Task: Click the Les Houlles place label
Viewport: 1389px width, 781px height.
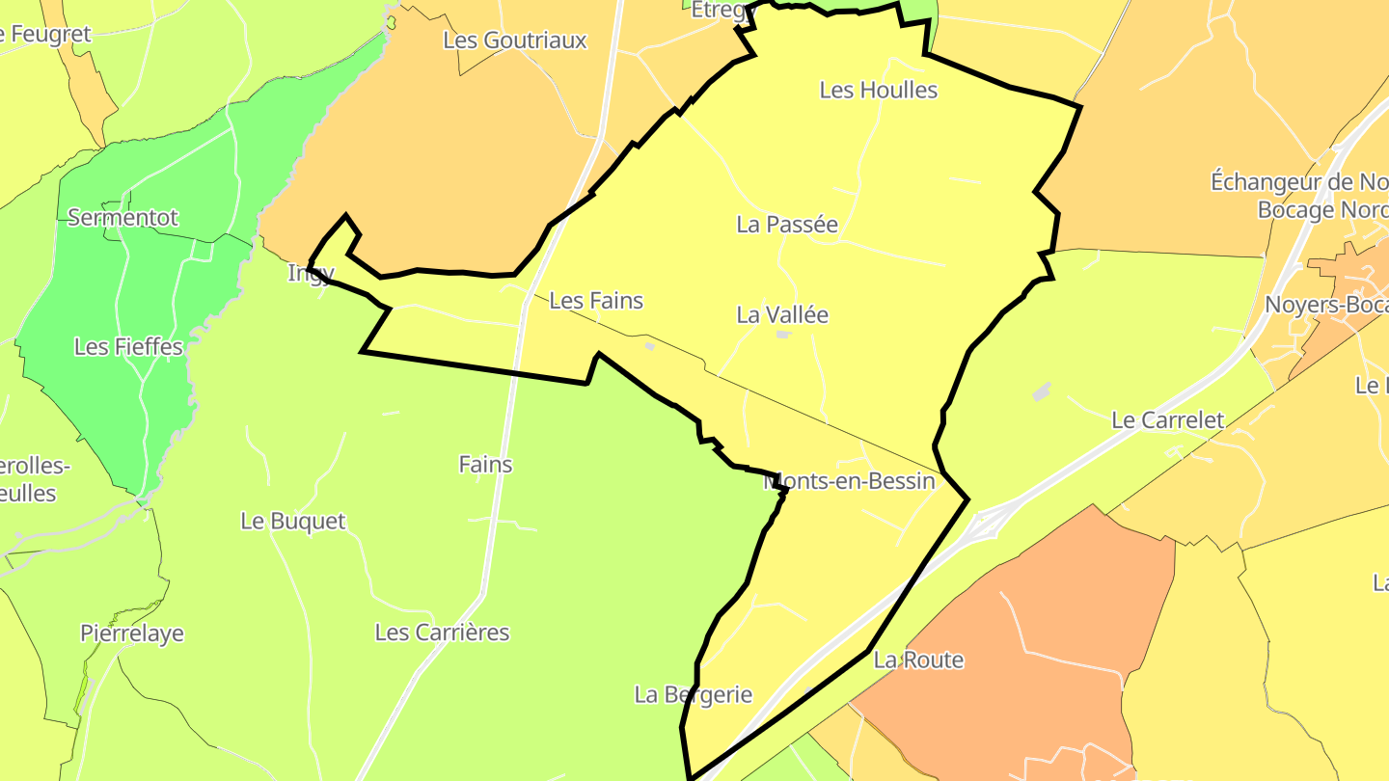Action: (878, 90)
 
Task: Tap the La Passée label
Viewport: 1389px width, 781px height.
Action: (787, 225)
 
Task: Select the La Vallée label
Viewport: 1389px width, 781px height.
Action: (782, 315)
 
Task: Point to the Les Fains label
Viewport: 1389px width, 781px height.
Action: (596, 301)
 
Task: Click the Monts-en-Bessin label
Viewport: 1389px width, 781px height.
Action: (851, 481)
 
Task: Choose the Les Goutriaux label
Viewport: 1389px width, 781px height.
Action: (515, 40)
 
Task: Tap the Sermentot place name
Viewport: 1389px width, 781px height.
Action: (123, 218)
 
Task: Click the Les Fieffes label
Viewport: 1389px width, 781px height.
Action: (128, 347)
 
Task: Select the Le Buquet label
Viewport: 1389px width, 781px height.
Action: (292, 522)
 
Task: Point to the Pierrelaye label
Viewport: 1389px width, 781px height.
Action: (132, 633)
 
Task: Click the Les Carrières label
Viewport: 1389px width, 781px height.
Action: (442, 633)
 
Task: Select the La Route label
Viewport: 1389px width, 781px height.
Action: (918, 660)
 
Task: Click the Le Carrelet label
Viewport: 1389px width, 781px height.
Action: (1167, 420)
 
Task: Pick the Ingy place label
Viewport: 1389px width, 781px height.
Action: (312, 273)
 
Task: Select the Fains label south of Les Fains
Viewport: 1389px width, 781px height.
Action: (485, 465)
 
